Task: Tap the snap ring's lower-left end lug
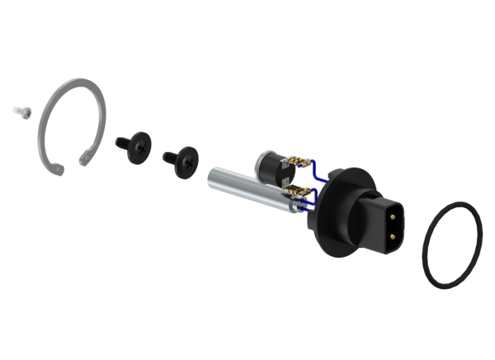point(58,168)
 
